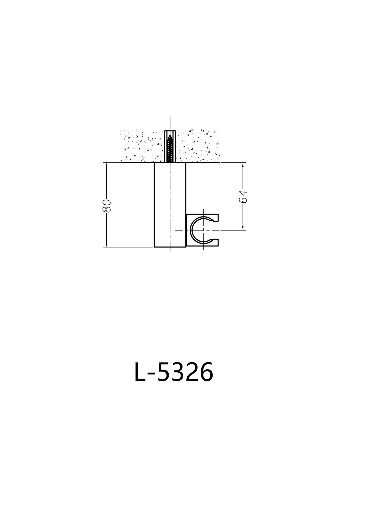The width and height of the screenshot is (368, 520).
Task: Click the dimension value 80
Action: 107,206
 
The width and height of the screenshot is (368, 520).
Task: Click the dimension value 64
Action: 243,196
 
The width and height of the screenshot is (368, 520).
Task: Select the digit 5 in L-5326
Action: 163,372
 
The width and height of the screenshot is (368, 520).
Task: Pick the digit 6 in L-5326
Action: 206,372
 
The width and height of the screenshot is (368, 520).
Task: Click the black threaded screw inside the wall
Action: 170,149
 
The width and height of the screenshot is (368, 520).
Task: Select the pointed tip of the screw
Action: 170,135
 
